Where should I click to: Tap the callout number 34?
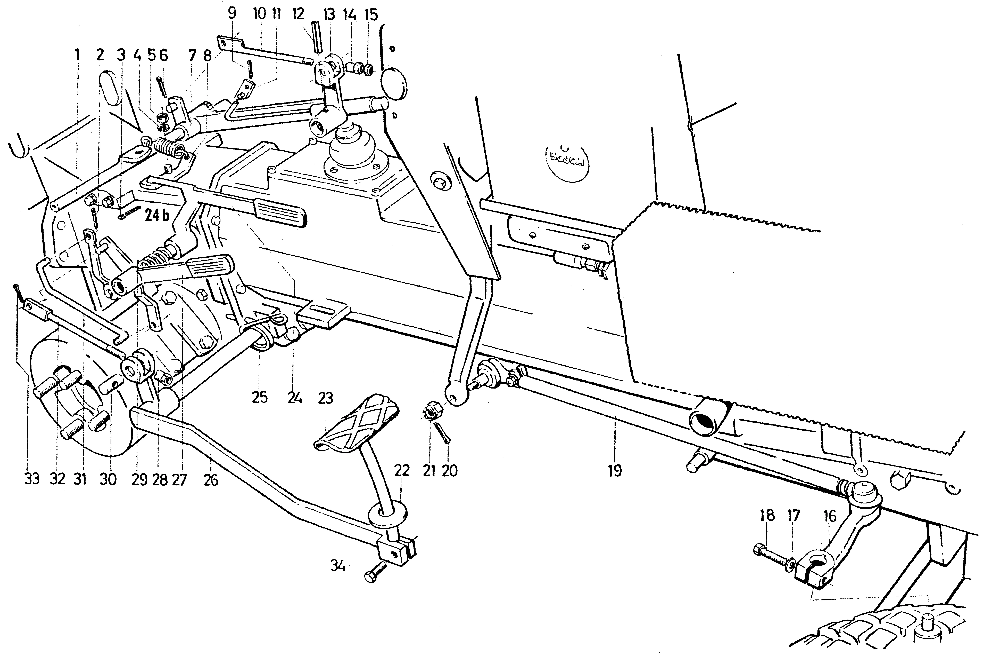tap(338, 567)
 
